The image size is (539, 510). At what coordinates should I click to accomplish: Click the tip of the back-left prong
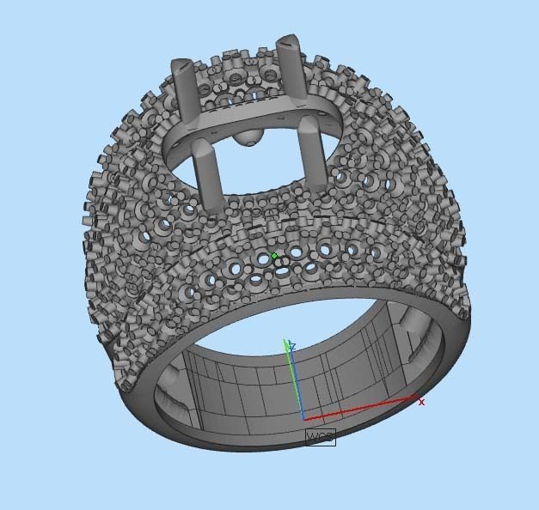click(x=181, y=65)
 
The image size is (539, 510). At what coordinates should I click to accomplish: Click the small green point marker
click(x=274, y=256)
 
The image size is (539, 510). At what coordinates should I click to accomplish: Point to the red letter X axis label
click(x=421, y=401)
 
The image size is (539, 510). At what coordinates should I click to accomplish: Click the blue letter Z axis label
click(x=292, y=347)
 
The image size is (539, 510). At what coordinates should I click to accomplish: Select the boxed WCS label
click(x=320, y=437)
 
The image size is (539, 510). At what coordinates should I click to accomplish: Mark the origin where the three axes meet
click(x=303, y=419)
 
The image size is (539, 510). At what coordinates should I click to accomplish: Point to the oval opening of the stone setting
click(x=258, y=163)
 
